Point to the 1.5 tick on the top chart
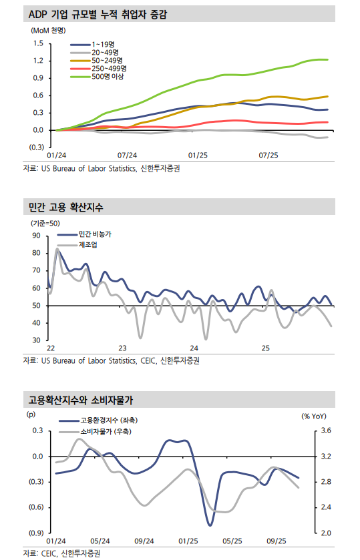38,44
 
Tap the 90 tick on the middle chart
35,236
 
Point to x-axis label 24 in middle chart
194,348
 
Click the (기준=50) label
45,223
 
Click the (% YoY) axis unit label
313,416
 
